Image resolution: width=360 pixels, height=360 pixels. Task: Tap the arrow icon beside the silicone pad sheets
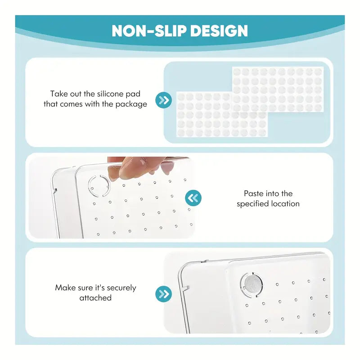163,100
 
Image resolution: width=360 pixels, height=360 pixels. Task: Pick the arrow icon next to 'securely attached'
163,294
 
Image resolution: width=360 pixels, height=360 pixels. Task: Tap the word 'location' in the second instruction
285,204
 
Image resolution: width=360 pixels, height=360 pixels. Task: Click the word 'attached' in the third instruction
95,298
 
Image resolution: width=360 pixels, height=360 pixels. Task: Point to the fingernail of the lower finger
167,168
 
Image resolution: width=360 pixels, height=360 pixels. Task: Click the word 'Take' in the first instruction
58,94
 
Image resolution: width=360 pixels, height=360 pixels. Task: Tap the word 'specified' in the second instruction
253,204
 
